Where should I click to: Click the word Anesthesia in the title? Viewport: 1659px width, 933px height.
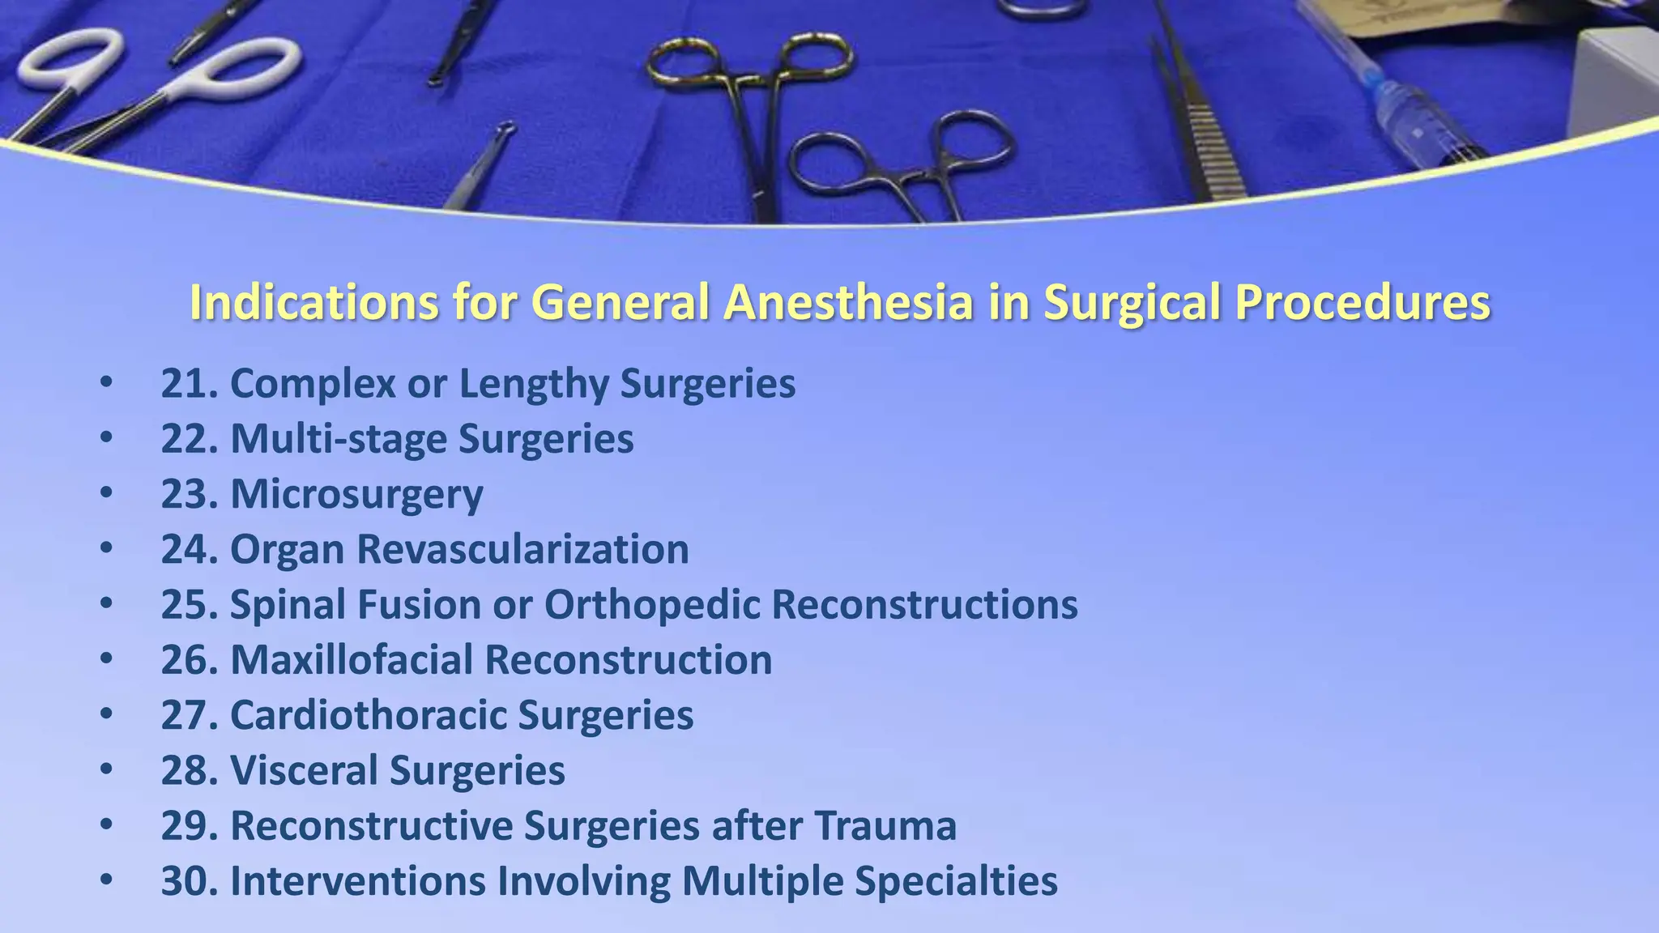click(847, 302)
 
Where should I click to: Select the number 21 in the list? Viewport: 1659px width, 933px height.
click(185, 383)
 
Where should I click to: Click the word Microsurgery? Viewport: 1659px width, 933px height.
click(356, 494)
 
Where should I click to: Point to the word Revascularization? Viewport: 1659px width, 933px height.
click(522, 549)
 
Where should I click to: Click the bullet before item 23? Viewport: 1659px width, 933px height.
click(106, 493)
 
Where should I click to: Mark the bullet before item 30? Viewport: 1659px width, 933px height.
click(106, 880)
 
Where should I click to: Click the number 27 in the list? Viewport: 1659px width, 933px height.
click(185, 715)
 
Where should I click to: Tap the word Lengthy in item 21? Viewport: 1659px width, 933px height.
click(532, 383)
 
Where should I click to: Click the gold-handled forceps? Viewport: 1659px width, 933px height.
click(749, 89)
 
